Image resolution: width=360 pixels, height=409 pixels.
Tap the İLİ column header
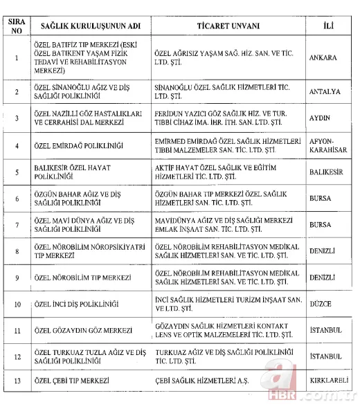point(330,27)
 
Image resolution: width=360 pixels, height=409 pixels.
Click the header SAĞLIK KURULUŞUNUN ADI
point(90,27)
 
